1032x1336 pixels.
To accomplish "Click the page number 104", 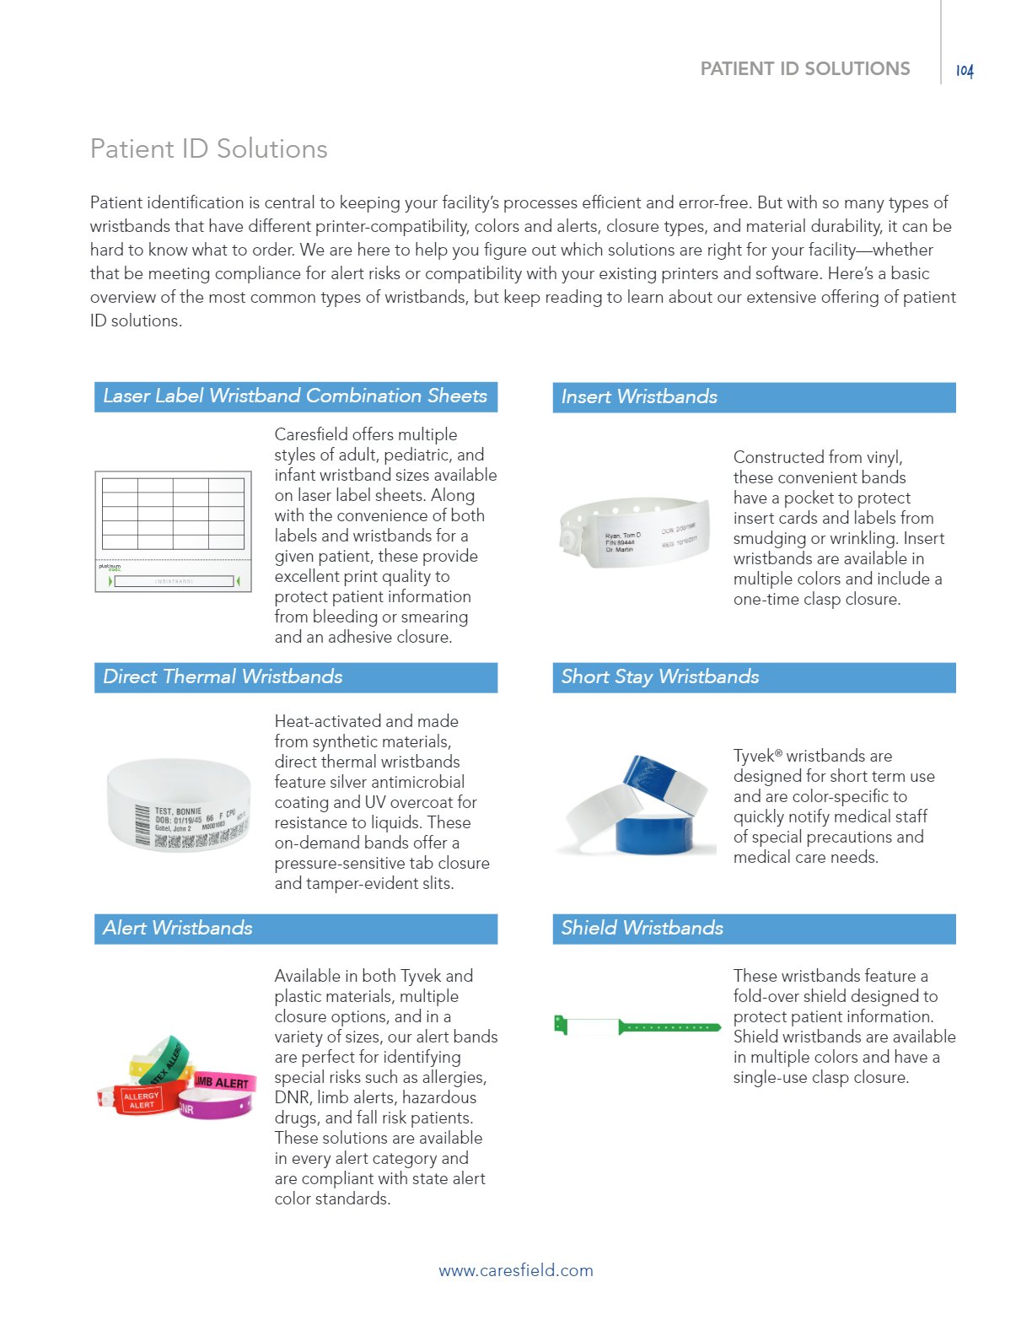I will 965,71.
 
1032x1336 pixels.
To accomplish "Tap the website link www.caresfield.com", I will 515,1270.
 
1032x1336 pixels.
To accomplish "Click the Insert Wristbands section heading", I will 639,396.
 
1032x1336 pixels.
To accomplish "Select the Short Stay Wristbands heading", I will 660,676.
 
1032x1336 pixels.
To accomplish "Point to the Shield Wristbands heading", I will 642,928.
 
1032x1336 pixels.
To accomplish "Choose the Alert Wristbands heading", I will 178,928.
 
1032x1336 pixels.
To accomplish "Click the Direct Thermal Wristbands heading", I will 223,676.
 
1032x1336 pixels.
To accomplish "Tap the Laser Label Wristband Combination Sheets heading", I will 295,396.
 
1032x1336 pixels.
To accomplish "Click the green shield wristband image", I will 637,1026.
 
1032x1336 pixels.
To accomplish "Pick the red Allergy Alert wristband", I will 139,1099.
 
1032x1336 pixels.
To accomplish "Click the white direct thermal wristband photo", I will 179,805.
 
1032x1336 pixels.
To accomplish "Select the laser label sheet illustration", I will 173,531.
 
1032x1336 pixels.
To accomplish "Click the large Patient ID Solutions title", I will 208,148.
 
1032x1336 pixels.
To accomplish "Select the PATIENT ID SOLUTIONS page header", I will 805,69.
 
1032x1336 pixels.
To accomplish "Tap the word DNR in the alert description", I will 292,1097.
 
